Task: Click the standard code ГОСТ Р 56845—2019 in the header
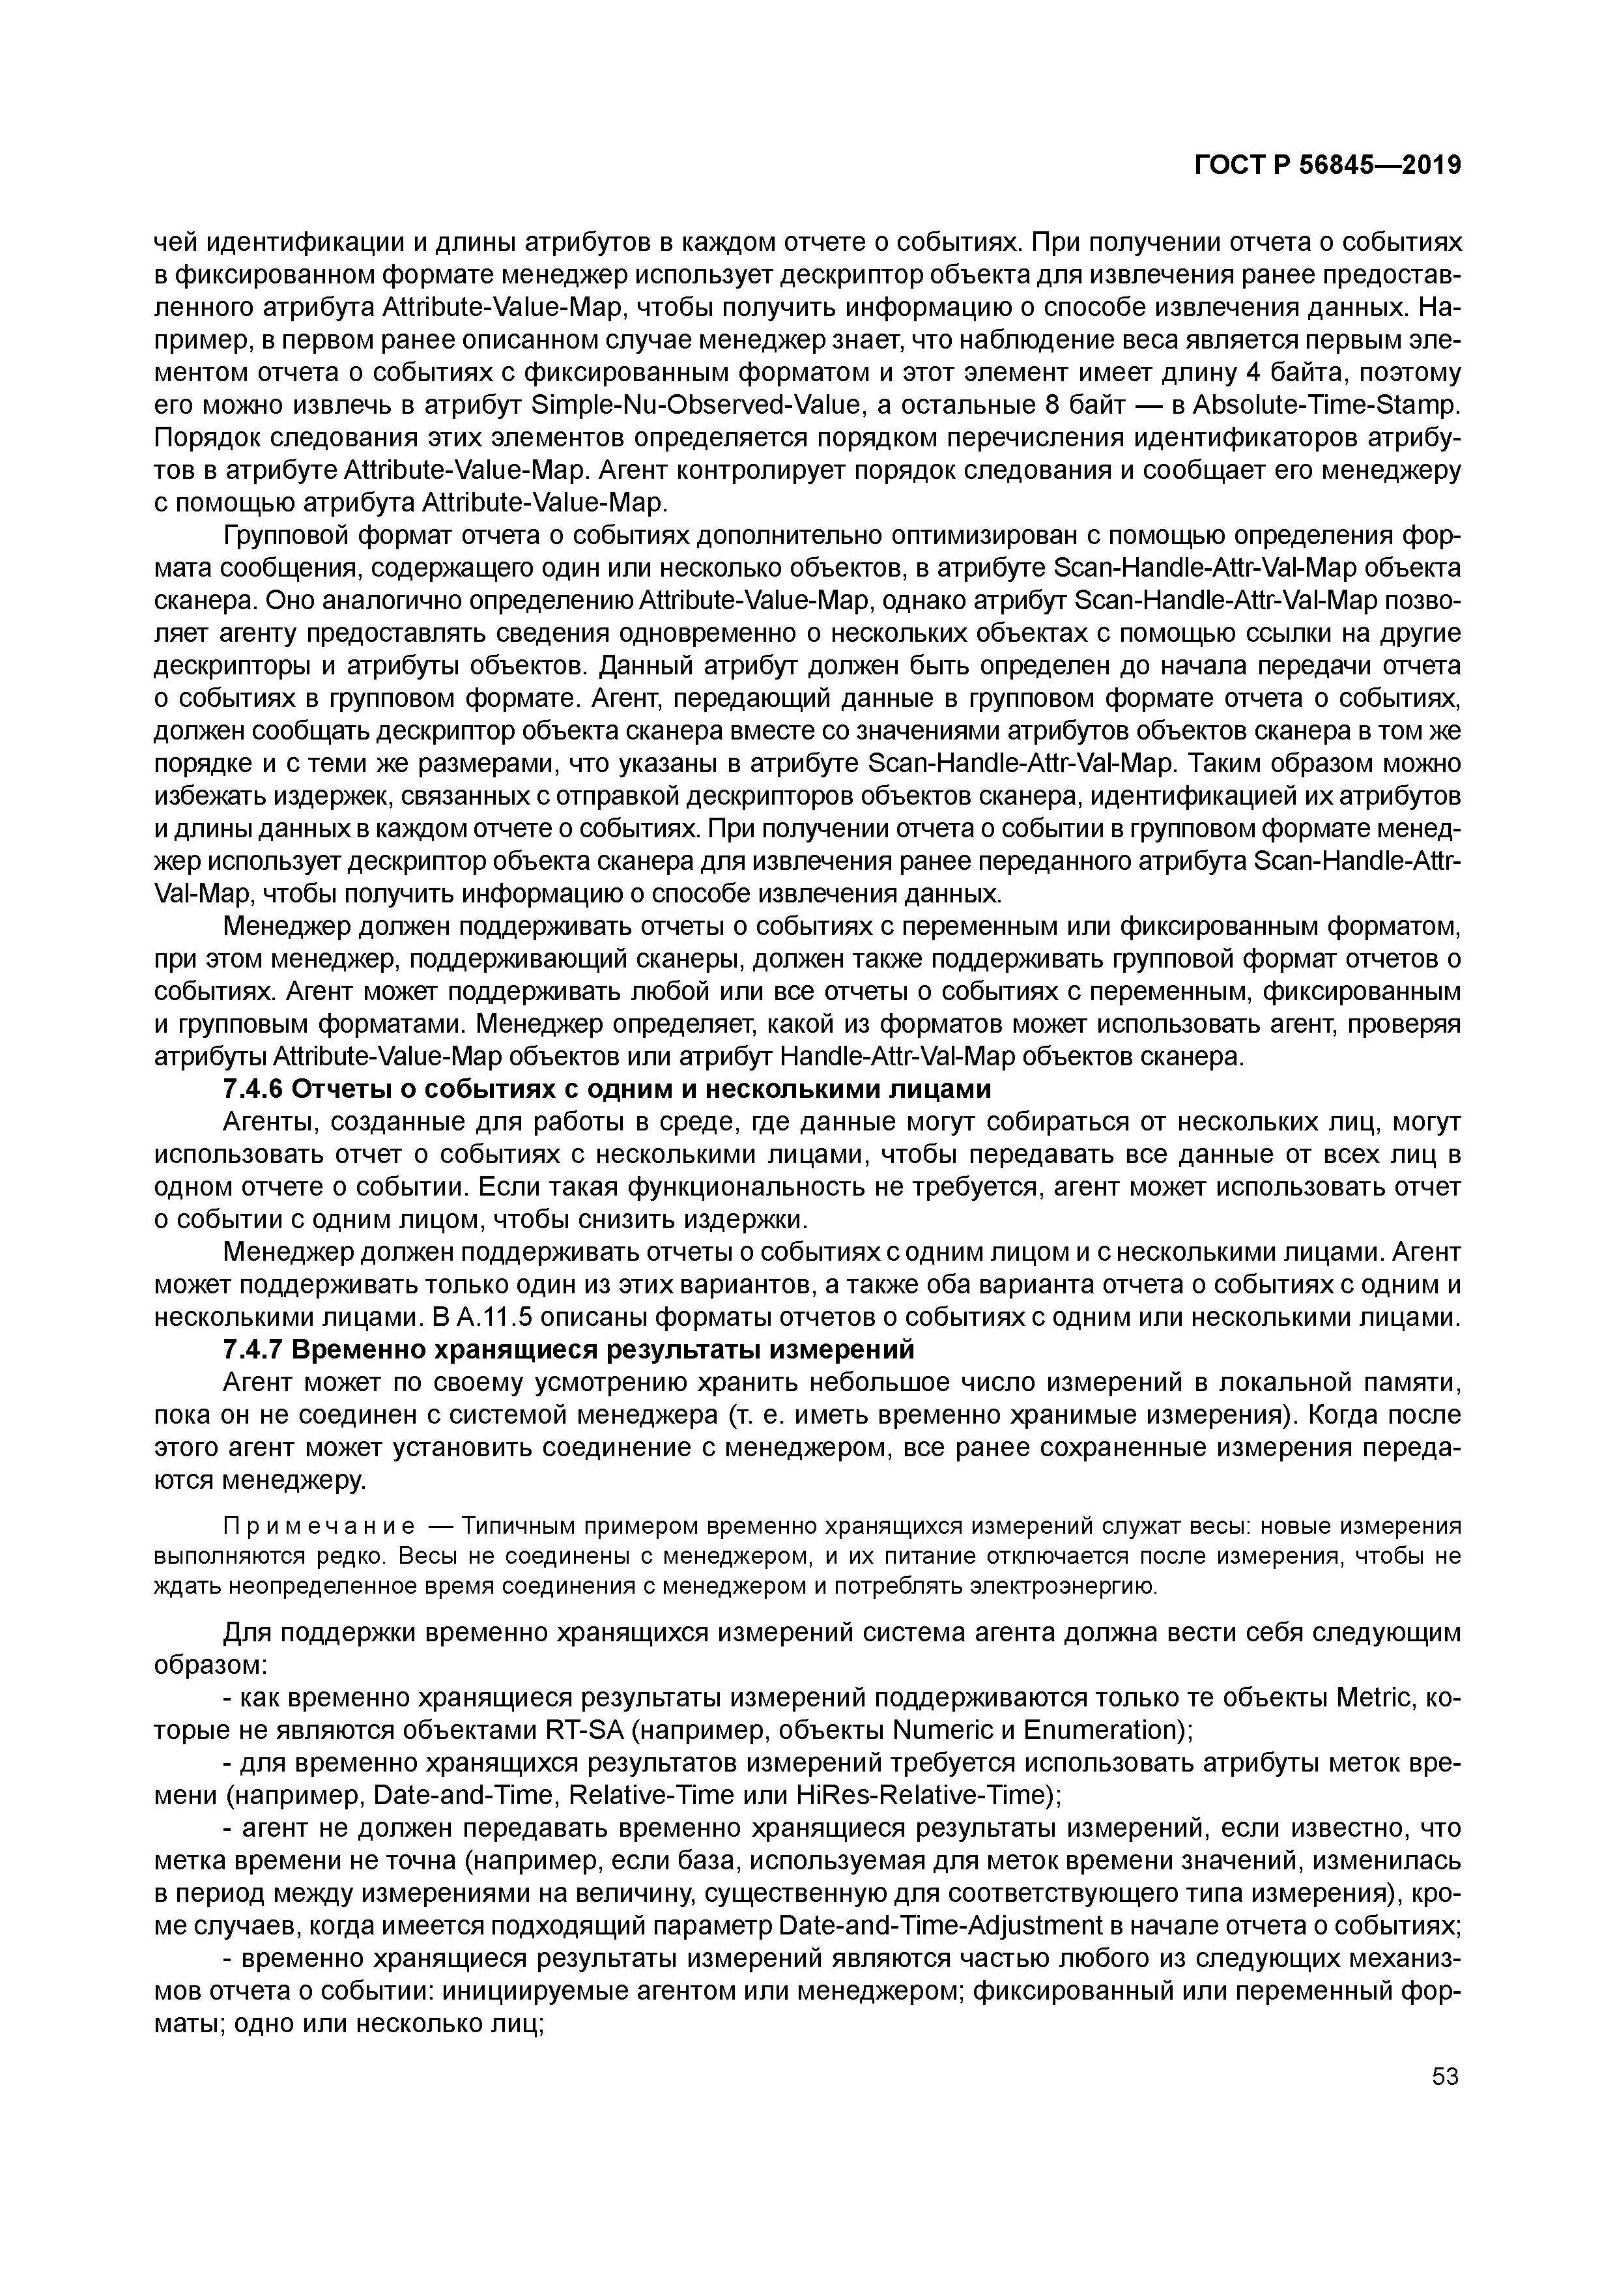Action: pyautogui.click(x=1328, y=165)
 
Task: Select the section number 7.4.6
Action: pyautogui.click(x=253, y=1090)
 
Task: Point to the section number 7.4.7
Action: pyautogui.click(x=253, y=1351)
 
